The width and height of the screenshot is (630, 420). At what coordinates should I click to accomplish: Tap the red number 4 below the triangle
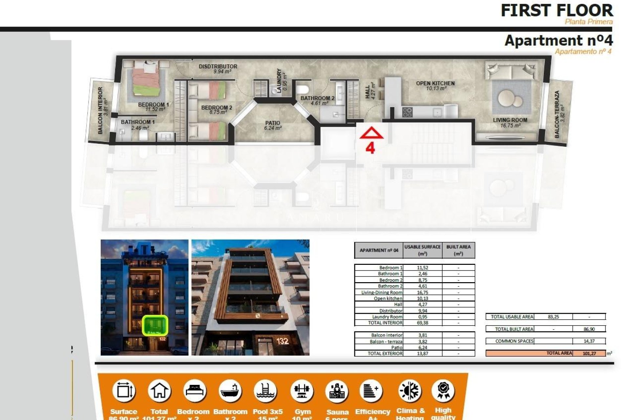(x=370, y=148)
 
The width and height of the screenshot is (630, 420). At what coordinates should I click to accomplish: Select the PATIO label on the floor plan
(x=273, y=123)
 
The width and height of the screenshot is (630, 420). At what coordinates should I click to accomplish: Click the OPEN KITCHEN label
(x=435, y=83)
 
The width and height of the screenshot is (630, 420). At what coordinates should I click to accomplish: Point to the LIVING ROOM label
(x=510, y=120)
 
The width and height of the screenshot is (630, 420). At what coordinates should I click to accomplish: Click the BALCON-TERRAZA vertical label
(x=557, y=114)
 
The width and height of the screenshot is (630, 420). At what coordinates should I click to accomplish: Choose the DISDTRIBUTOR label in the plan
(x=218, y=66)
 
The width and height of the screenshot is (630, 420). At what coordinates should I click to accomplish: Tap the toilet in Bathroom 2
(x=303, y=89)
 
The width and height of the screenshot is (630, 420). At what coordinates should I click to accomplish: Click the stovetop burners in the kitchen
(x=407, y=112)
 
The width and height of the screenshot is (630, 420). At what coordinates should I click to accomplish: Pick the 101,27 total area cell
(x=589, y=353)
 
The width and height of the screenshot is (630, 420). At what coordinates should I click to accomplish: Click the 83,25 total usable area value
(x=553, y=317)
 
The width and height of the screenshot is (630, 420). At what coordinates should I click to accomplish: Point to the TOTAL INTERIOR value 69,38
(x=423, y=323)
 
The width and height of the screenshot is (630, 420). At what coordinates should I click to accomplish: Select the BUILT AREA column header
(x=458, y=250)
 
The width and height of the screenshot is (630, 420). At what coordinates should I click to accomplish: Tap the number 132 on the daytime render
(x=282, y=341)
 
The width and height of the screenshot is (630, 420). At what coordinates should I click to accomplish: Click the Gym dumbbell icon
(x=302, y=391)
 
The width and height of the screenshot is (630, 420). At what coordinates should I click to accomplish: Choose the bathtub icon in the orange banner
(x=230, y=391)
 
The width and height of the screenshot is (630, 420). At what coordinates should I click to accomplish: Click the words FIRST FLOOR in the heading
(x=556, y=10)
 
